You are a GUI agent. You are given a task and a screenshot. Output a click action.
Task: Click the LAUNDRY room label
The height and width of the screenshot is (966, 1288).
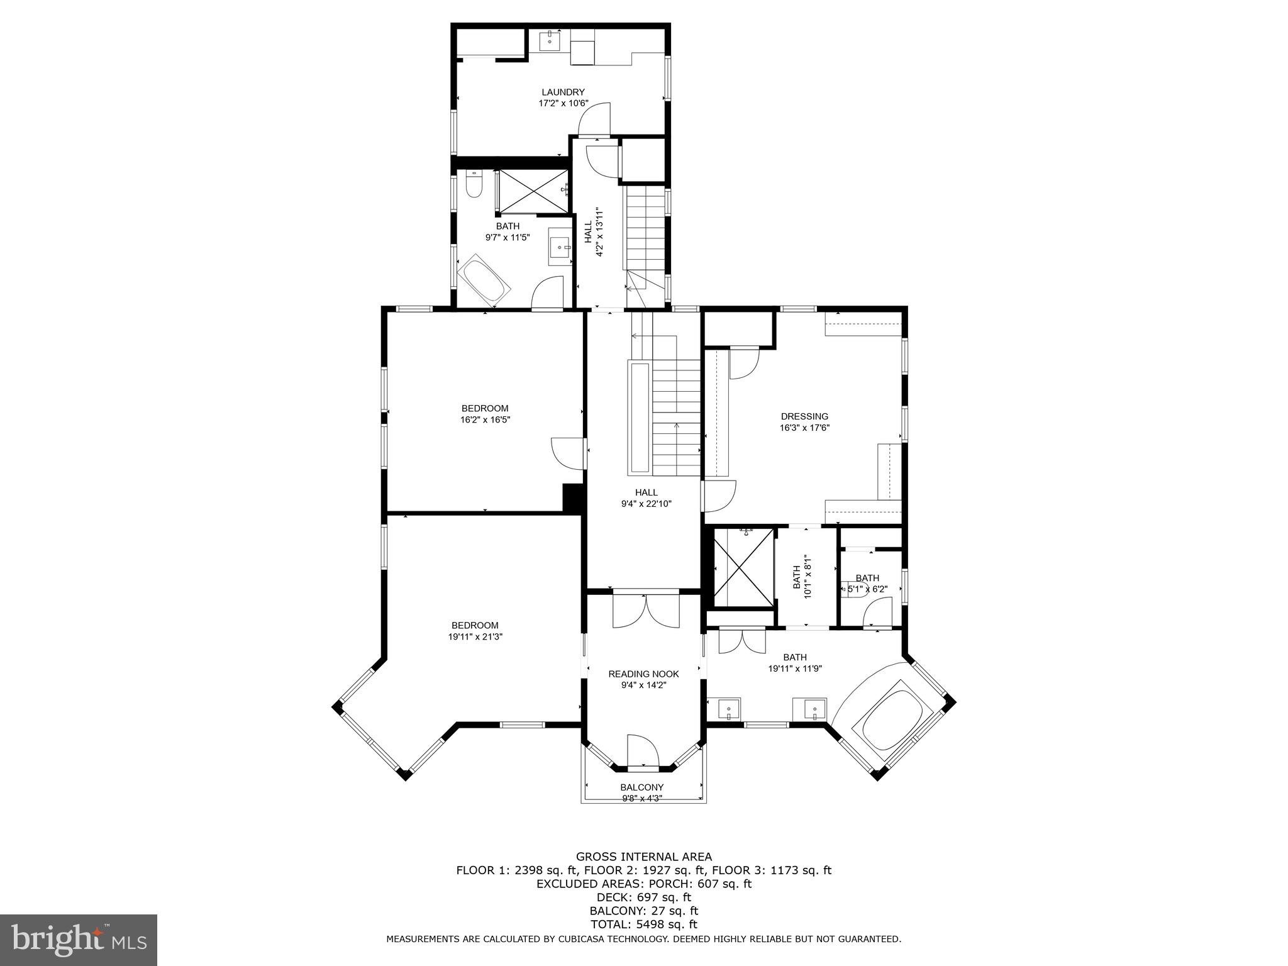(x=563, y=92)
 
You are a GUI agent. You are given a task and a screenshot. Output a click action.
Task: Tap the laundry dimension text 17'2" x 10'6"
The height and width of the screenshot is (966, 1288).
(x=563, y=103)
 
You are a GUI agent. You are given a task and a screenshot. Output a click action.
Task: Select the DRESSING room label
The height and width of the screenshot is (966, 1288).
(x=804, y=416)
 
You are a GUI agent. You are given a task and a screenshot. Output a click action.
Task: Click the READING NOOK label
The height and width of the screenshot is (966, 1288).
(x=643, y=674)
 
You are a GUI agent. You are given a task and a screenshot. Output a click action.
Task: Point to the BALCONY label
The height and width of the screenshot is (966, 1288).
(x=641, y=787)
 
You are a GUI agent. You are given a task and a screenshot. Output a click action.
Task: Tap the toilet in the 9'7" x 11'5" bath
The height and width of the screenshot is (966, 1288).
(x=473, y=184)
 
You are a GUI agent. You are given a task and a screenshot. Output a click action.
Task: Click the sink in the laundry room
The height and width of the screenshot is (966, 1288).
(x=550, y=41)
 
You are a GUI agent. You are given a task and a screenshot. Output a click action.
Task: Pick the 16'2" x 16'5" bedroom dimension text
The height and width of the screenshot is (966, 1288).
(x=485, y=419)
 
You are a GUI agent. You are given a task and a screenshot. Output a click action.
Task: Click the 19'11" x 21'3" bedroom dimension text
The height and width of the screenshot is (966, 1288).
(x=475, y=636)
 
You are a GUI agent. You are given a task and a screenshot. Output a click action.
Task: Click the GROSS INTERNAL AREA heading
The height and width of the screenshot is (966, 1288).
(x=643, y=857)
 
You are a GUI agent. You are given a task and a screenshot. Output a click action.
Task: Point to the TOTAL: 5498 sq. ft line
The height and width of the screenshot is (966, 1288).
(x=643, y=924)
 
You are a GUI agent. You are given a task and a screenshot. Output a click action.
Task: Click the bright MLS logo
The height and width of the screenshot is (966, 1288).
(x=78, y=940)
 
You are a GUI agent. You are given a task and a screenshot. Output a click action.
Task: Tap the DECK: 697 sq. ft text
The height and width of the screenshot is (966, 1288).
(x=643, y=897)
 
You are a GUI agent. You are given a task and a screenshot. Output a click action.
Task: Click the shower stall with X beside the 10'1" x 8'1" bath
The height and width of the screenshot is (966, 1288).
(x=743, y=568)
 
